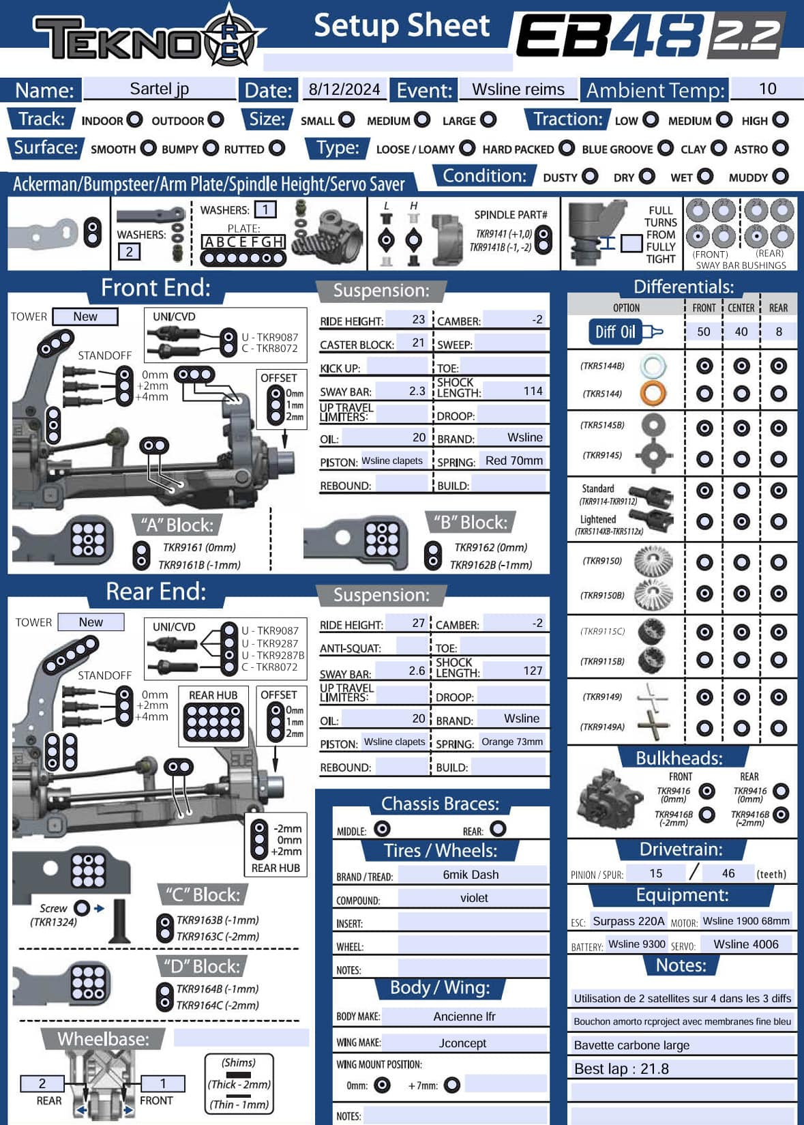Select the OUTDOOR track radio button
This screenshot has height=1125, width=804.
pos(215,120)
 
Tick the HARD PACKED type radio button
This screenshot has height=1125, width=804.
pos(567,148)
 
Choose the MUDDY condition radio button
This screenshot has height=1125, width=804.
pos(780,176)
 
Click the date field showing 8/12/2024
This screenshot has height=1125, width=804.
pos(344,89)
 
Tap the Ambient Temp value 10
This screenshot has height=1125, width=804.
pos(767,89)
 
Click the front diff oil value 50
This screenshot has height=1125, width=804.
pos(704,332)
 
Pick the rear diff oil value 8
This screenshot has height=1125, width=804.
pos(778,332)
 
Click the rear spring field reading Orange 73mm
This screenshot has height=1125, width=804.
pos(512,742)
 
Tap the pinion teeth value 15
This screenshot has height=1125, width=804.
pos(655,873)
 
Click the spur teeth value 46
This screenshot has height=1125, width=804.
pos(728,873)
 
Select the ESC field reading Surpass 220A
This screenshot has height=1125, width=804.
pos(628,921)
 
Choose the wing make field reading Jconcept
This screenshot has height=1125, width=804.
pos(464,1043)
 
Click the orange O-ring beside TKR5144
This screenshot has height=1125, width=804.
pos(653,393)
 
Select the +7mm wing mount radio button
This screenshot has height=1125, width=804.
pos(451,1085)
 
